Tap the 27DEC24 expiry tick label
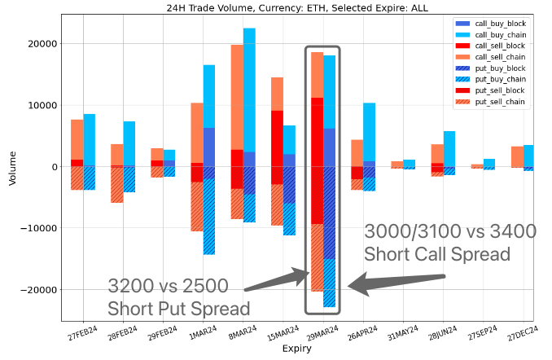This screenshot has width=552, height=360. coord(519,335)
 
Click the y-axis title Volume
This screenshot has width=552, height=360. coord(11,166)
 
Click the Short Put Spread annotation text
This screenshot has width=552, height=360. coord(178,309)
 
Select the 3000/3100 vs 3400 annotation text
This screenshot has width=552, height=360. coord(450,231)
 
